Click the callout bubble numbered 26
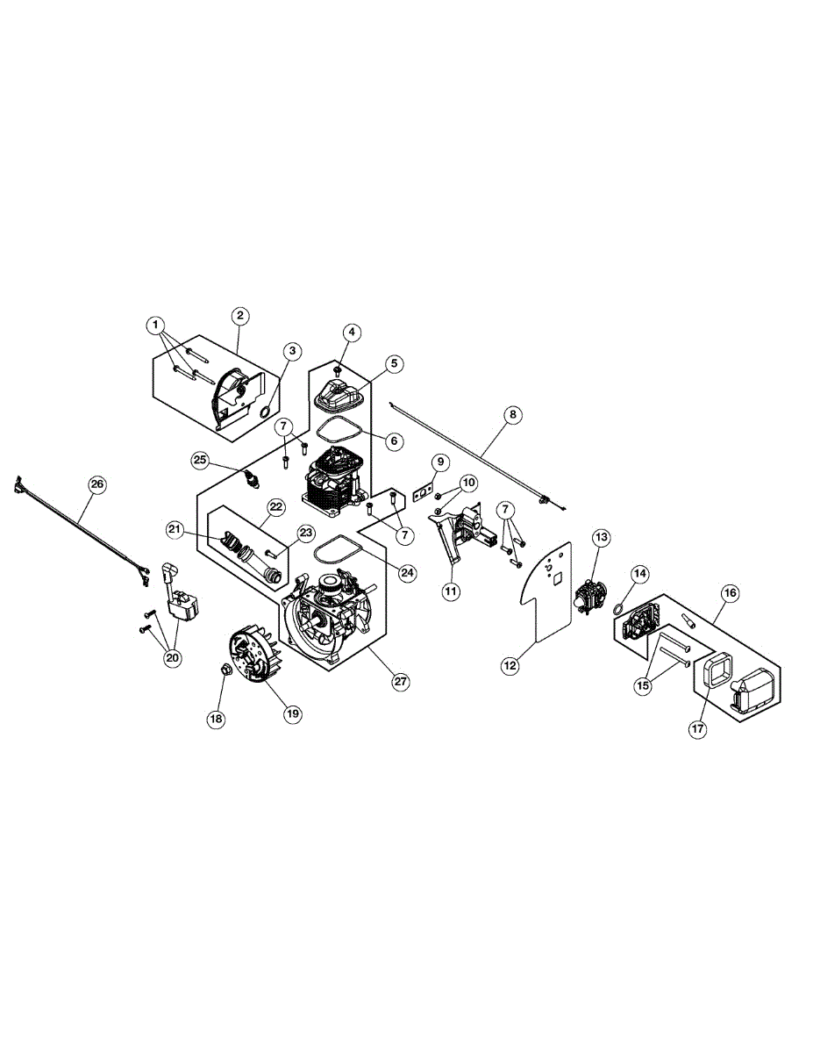coord(96,484)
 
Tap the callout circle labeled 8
coord(512,414)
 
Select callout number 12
coord(510,666)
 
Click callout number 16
coord(730,592)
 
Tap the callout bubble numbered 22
coord(275,507)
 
